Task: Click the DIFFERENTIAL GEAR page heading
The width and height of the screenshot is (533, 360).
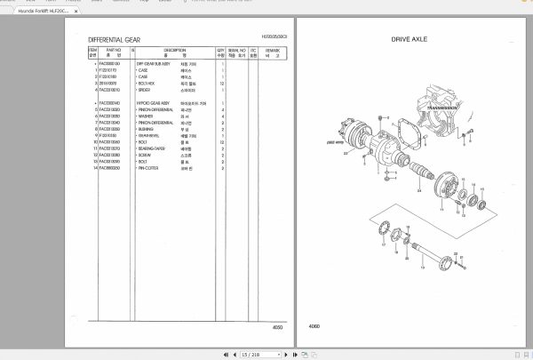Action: (x=114, y=40)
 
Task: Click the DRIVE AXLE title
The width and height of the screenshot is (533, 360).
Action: (x=409, y=40)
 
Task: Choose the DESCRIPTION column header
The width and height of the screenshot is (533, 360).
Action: (x=174, y=52)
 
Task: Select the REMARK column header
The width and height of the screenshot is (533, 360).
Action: (x=271, y=52)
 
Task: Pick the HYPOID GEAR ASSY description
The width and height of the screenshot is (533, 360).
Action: (x=154, y=103)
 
